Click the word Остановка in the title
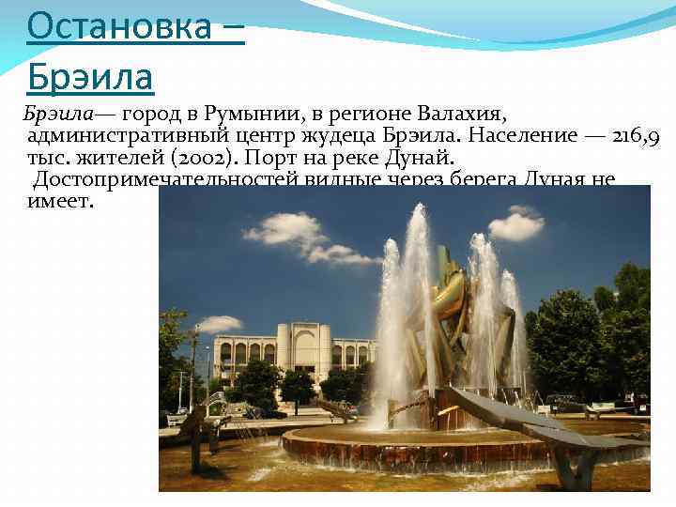[x=120, y=27]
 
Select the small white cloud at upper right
[x=515, y=224]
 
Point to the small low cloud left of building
[x=217, y=324]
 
